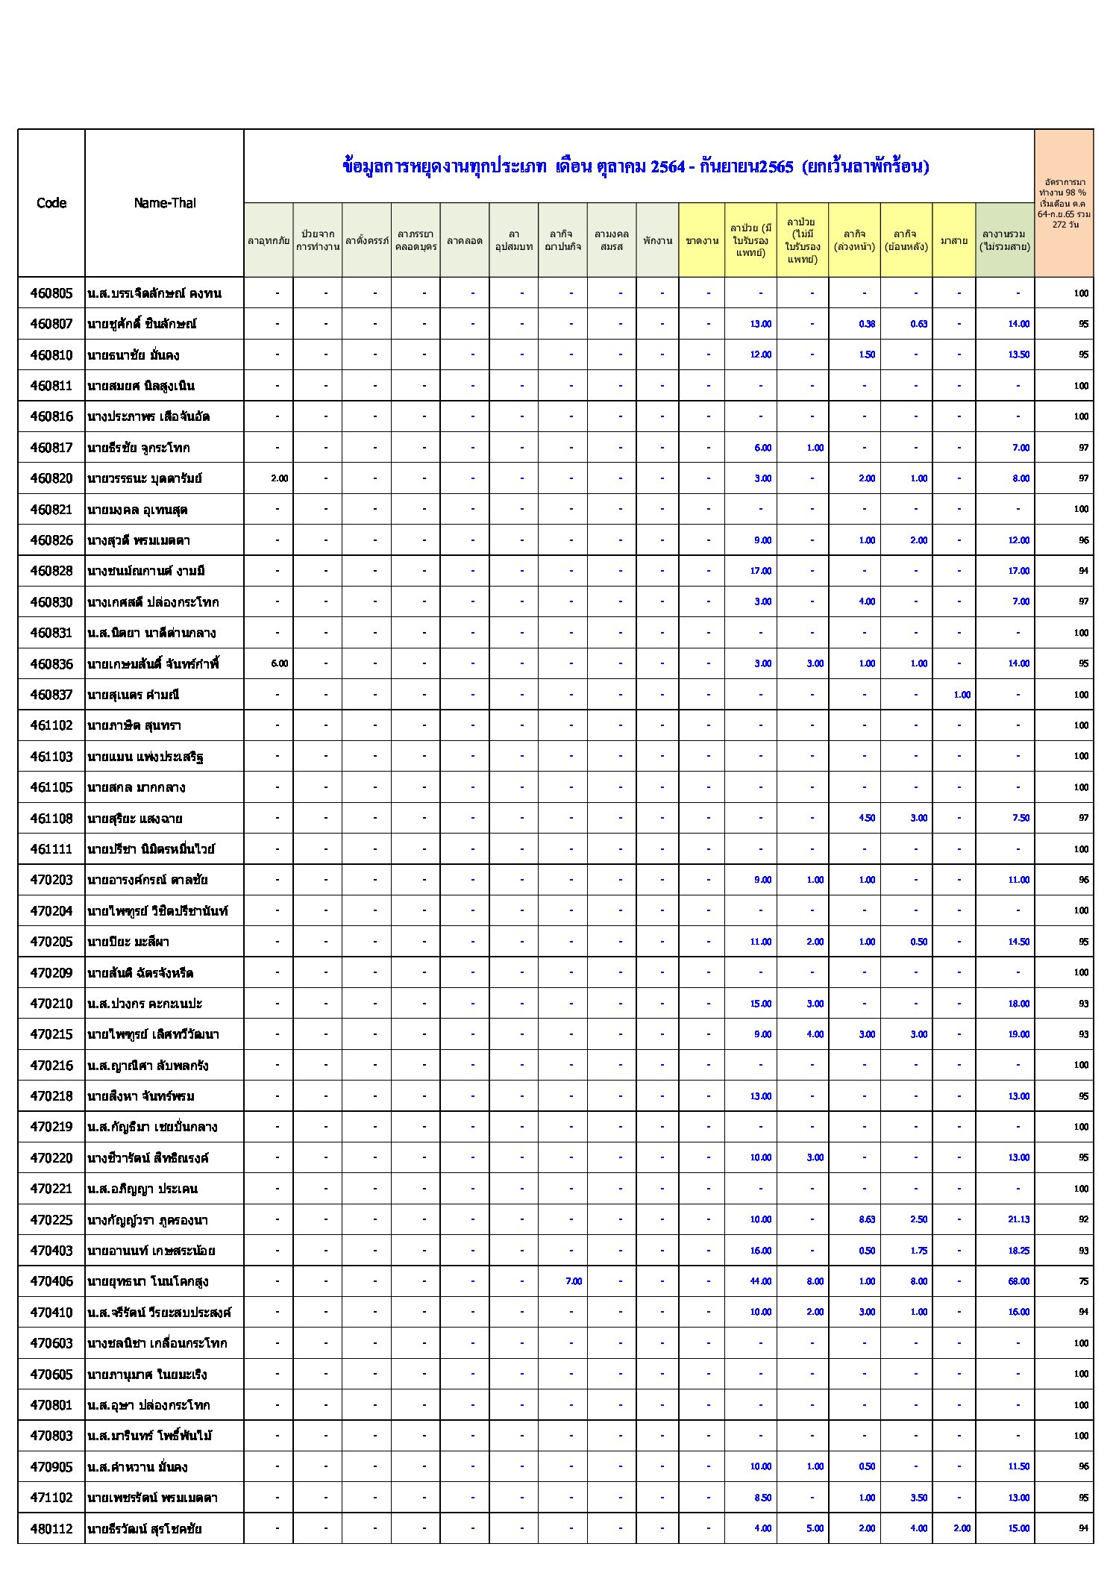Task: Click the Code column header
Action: pyautogui.click(x=51, y=203)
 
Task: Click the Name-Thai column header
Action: pyautogui.click(x=164, y=203)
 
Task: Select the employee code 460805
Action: pyautogui.click(x=51, y=293)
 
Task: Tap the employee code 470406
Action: pyautogui.click(x=51, y=1281)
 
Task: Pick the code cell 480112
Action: pyautogui.click(x=51, y=1528)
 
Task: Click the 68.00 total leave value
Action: pyautogui.click(x=1018, y=1281)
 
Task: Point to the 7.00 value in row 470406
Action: pyautogui.click(x=573, y=1281)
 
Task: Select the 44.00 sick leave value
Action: pyautogui.click(x=760, y=1281)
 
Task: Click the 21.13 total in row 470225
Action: pyautogui.click(x=1018, y=1219)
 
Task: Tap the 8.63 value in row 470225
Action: pyautogui.click(x=866, y=1219)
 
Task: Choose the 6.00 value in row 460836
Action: pyautogui.click(x=279, y=663)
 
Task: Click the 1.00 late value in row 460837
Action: pyautogui.click(x=962, y=695)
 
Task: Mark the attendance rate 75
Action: pyautogui.click(x=1083, y=1281)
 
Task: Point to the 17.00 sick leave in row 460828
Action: pyautogui.click(x=760, y=571)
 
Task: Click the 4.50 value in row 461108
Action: pyautogui.click(x=866, y=818)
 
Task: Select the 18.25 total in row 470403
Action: pyautogui.click(x=1018, y=1251)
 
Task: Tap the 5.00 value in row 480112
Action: pyautogui.click(x=815, y=1528)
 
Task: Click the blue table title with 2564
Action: pyautogui.click(x=636, y=166)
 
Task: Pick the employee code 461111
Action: pyautogui.click(x=51, y=849)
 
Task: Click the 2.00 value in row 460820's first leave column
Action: pyautogui.click(x=279, y=478)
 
